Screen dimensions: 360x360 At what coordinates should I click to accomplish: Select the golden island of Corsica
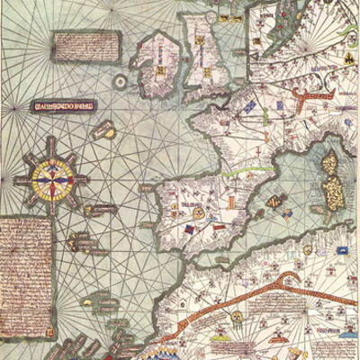328,163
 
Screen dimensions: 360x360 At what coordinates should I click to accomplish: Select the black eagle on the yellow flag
346,60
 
